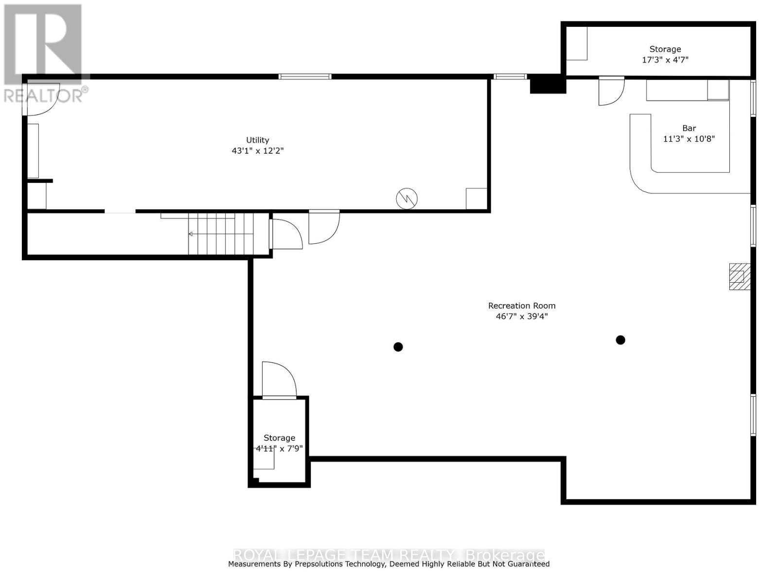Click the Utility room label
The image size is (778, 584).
tap(257, 140)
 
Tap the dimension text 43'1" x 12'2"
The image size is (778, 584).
tap(257, 151)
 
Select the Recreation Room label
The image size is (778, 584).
tap(522, 306)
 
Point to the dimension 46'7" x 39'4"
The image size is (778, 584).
tap(522, 316)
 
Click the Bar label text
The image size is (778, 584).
tap(689, 128)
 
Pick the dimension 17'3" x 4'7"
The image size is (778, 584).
tap(665, 60)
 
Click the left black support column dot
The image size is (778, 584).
tap(398, 347)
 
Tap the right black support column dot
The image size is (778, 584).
tap(620, 340)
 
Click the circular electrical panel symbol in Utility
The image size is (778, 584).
tap(407, 199)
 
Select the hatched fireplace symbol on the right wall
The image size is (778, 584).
tap(740, 276)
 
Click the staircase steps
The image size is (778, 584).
tap(221, 234)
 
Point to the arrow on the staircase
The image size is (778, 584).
tap(191, 234)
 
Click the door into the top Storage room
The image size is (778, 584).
tap(611, 91)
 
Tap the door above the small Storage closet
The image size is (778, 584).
tap(279, 381)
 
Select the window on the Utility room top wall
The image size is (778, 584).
tap(305, 76)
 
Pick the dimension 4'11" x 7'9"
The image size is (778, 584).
tap(280, 449)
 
